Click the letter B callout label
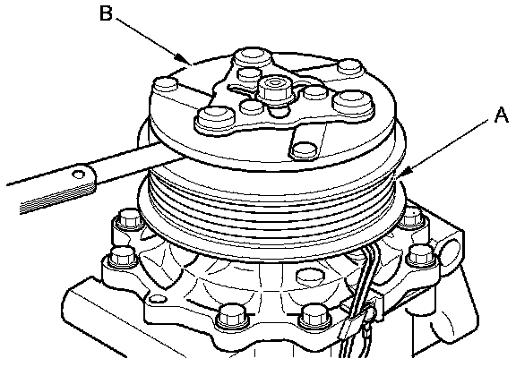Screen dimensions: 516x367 [106, 13]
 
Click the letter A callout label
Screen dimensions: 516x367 [502, 115]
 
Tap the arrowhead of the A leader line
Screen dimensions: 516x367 [404, 172]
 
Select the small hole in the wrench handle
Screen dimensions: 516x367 [79, 175]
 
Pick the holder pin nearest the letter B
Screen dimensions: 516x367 [167, 85]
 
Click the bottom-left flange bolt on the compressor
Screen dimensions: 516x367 [232, 317]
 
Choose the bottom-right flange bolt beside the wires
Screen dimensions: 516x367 [314, 317]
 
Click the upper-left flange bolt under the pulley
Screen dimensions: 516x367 [127, 218]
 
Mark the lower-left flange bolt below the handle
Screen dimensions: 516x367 [123, 255]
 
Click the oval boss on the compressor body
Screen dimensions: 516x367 [309, 276]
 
